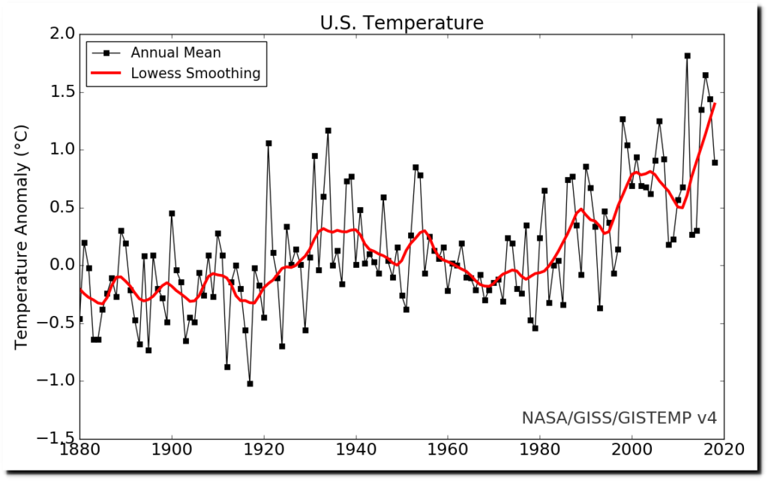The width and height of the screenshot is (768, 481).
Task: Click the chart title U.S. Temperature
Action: [401, 23]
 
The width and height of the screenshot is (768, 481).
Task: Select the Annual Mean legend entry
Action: [175, 53]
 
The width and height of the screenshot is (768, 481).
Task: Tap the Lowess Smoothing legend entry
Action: [195, 74]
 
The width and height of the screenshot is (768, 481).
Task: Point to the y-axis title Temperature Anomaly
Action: [21, 236]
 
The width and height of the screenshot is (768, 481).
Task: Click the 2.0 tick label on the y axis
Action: [61, 35]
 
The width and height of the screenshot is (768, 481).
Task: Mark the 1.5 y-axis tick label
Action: [61, 92]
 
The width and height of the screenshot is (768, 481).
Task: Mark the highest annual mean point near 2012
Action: [687, 56]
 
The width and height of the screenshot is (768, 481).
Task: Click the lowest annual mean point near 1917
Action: [250, 383]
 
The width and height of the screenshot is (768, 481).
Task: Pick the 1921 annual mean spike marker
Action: [268, 143]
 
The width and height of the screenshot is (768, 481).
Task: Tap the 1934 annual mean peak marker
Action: [328, 131]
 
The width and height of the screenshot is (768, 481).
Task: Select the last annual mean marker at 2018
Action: [715, 162]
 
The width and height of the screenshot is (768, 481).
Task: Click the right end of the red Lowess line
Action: [715, 104]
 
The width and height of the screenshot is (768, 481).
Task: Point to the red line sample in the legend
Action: [106, 74]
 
